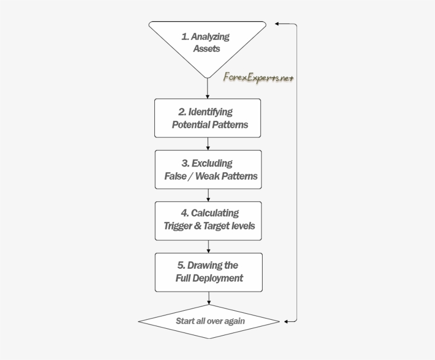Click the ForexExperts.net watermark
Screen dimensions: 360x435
tap(258, 77)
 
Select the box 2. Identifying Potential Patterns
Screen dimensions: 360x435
tap(208, 118)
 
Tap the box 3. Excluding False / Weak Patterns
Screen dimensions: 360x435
tap(208, 169)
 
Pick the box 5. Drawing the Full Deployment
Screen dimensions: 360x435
tap(208, 271)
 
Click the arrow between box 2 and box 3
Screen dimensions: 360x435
tap(208, 143)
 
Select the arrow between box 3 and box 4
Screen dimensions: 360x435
tap(208, 195)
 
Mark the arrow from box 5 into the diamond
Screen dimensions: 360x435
tap(208, 298)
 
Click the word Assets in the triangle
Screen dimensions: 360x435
tap(206, 49)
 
